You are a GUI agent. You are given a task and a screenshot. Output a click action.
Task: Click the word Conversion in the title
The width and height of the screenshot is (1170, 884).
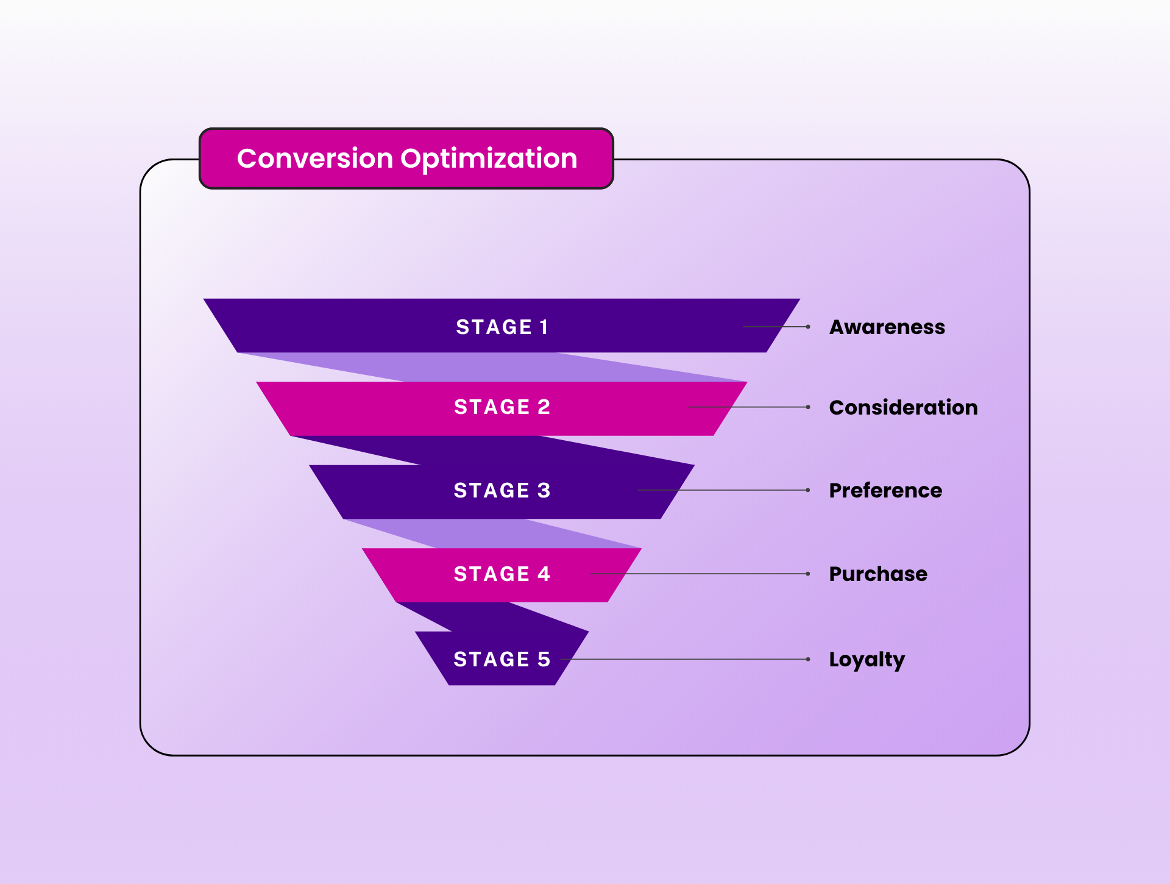pos(315,159)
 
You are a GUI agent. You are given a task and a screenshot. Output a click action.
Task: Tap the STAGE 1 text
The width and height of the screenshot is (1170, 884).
pos(502,327)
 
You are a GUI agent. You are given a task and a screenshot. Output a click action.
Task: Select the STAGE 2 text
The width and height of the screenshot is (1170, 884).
pos(502,407)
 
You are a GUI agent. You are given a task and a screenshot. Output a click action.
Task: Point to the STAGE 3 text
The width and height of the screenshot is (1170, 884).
pos(502,491)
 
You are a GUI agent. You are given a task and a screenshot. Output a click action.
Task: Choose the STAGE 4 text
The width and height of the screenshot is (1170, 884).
pos(502,574)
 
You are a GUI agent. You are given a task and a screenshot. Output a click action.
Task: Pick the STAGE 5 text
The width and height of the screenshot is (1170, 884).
pos(502,660)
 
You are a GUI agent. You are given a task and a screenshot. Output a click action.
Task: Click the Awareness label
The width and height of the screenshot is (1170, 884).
pos(887,327)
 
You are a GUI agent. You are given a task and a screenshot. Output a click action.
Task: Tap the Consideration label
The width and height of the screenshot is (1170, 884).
pos(903,408)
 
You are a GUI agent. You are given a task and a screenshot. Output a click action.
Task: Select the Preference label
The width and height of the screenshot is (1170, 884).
pos(885,491)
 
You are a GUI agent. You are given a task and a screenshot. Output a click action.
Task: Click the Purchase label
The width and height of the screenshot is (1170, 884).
pos(878,574)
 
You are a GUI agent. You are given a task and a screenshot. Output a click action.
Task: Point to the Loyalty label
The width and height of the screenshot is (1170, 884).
pos(867,660)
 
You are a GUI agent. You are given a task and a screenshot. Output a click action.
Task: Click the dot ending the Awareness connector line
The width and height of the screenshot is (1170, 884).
pos(808,327)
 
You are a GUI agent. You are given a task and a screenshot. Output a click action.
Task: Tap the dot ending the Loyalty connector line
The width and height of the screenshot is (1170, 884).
pos(808,659)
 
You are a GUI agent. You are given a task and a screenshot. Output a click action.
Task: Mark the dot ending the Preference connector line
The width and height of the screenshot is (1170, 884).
pos(808,490)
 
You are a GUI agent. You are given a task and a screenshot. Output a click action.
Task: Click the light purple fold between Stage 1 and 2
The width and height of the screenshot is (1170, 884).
pos(487,368)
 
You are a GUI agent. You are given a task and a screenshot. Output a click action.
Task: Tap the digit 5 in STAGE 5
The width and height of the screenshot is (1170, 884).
pos(544,660)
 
